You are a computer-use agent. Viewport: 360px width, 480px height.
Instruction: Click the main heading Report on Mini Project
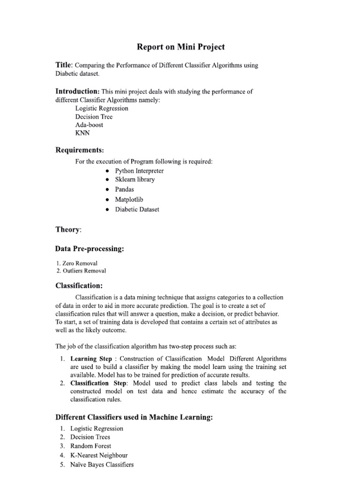pyautogui.click(x=180, y=47)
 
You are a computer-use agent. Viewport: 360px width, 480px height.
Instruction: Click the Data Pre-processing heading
pyautogui.click(x=90, y=249)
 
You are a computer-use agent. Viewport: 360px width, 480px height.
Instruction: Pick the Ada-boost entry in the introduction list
pyautogui.click(x=89, y=125)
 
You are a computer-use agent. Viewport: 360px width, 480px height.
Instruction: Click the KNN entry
pyautogui.click(x=82, y=133)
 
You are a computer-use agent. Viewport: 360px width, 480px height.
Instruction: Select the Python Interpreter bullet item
pyautogui.click(x=139, y=171)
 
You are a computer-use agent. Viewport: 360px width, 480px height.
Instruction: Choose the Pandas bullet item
pyautogui.click(x=124, y=189)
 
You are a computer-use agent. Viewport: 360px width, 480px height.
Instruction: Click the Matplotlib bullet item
pyautogui.click(x=129, y=200)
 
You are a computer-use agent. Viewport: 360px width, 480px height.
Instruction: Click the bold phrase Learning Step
pyautogui.click(x=91, y=359)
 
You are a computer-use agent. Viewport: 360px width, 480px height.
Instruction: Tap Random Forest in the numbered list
pyautogui.click(x=90, y=446)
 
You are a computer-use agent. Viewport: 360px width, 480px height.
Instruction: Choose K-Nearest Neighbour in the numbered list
pyautogui.click(x=99, y=455)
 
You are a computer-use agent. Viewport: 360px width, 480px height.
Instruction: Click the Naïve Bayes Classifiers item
pyautogui.click(x=102, y=465)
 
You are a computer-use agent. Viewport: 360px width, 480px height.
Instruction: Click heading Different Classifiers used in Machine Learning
pyautogui.click(x=134, y=417)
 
